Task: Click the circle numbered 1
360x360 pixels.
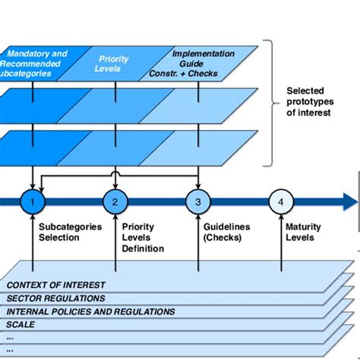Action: (x=32, y=202)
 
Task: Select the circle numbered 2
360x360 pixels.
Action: (x=115, y=202)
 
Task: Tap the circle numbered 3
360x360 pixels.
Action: (x=197, y=202)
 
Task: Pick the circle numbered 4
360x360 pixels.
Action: (x=280, y=202)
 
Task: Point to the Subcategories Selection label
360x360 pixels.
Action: (x=59, y=232)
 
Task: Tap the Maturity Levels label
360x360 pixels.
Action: (x=303, y=232)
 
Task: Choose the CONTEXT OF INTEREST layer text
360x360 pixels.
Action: (x=56, y=286)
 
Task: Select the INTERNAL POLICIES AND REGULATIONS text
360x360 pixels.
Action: (x=91, y=311)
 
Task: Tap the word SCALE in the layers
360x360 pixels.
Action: (x=21, y=324)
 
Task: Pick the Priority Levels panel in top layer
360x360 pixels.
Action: (x=114, y=64)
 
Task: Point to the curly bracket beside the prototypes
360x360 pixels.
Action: (x=267, y=102)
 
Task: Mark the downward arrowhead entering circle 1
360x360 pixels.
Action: (x=32, y=185)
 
